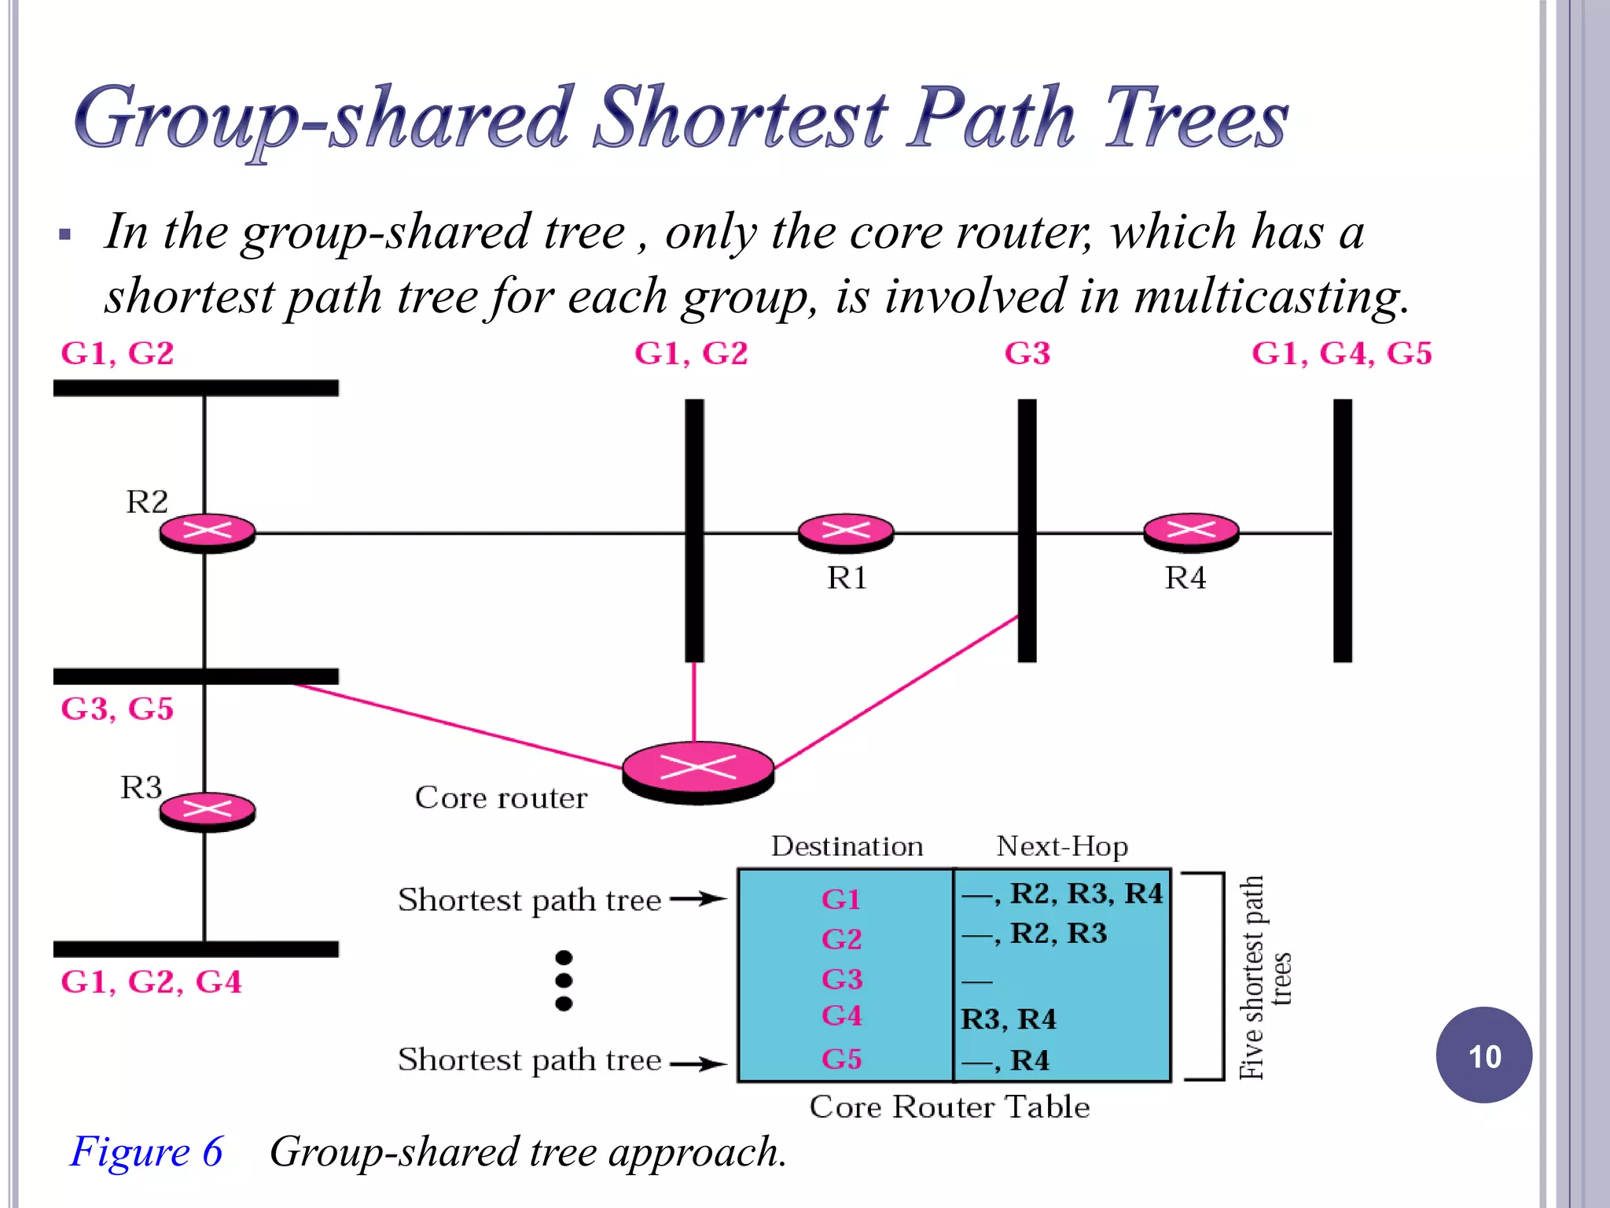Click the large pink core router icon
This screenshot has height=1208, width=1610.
coord(698,770)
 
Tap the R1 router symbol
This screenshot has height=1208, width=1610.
coord(846,532)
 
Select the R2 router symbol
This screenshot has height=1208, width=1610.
coord(208,532)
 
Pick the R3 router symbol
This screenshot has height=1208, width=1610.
coord(208,810)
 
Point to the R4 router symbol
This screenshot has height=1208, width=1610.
coord(1191,532)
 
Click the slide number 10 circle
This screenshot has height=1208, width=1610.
coord(1483,1055)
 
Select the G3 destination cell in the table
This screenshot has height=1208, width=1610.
coord(842,979)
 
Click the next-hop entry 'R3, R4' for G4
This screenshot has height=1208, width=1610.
coord(1009,1019)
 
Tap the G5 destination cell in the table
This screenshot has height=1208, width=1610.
coord(842,1059)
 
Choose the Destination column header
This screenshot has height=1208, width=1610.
coord(847,846)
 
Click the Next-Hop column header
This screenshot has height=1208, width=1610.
coord(1062,846)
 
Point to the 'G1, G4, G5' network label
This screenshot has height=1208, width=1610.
coord(1341,354)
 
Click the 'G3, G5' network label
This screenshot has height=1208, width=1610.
coord(117,709)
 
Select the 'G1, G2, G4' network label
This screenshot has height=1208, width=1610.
coord(151,981)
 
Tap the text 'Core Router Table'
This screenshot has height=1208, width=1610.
coord(950,1107)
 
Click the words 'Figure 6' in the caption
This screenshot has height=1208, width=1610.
coord(147,1152)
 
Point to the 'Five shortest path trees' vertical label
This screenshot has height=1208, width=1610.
coord(1264,978)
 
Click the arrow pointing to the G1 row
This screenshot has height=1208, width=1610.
coord(698,899)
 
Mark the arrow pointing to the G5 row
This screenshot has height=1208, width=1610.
coord(698,1064)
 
